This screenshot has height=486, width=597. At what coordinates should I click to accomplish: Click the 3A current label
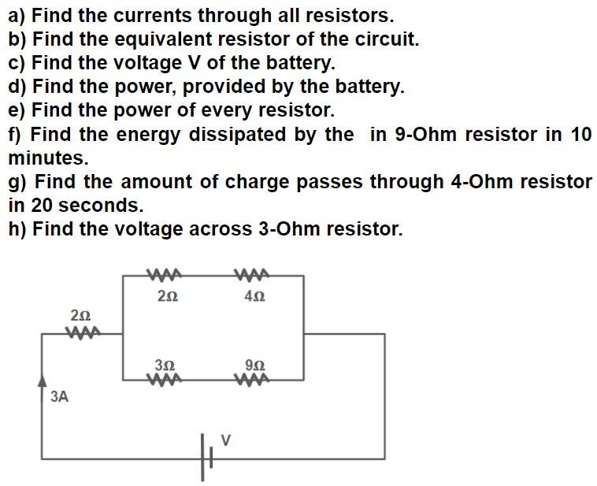click(x=59, y=397)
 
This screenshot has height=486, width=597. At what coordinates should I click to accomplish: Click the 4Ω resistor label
click(x=255, y=297)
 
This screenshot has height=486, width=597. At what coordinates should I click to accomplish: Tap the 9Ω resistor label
click(x=255, y=365)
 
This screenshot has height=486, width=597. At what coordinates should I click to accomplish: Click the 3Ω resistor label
click(x=166, y=365)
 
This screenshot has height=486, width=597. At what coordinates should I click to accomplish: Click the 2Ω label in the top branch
click(x=167, y=297)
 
